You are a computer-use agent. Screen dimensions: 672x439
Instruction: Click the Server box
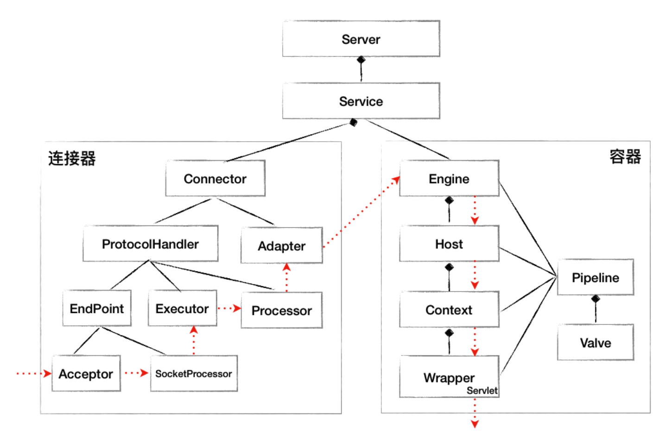[361, 39]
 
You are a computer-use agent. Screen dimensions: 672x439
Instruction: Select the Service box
[361, 101]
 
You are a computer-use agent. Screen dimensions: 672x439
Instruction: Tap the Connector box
[216, 178]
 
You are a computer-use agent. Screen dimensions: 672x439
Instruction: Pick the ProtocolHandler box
[151, 243]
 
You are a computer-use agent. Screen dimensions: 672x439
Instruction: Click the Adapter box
[282, 245]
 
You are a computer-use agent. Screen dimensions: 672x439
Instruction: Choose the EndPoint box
[97, 308]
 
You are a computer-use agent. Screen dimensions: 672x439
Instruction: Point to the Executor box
[183, 308]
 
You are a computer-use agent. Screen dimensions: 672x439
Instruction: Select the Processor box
[282, 310]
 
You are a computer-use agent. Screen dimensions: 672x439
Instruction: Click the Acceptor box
[86, 373]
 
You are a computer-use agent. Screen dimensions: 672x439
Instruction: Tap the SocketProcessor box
[194, 373]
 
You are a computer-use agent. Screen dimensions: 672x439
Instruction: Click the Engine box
[449, 178]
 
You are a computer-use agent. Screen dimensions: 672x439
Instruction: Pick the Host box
[449, 243]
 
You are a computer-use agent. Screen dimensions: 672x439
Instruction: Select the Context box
[449, 309]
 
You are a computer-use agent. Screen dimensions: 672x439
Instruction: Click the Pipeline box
[596, 277]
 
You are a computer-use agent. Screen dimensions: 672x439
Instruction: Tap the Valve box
[596, 342]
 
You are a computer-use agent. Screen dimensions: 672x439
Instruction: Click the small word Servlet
[482, 390]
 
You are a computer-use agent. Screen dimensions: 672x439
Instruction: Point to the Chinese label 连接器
[72, 158]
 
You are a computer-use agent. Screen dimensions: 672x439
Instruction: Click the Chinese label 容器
[625, 156]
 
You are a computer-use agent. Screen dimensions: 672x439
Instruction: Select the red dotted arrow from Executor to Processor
[229, 308]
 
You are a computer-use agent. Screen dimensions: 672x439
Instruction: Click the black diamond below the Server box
[361, 59]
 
